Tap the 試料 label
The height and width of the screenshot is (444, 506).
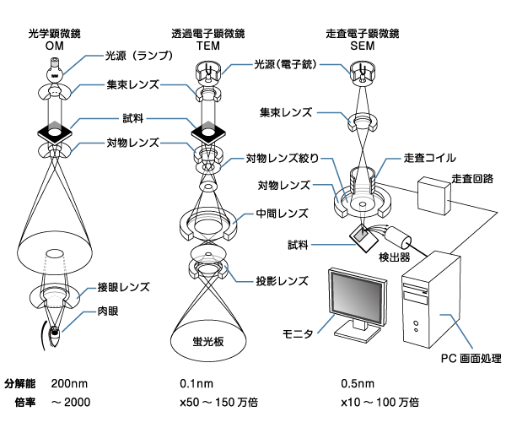click(133, 118)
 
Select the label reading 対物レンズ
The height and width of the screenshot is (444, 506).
click(132, 143)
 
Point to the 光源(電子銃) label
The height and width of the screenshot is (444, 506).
click(286, 63)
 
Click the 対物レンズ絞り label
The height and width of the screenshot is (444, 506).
click(283, 158)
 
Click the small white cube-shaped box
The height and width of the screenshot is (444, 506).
click(433, 195)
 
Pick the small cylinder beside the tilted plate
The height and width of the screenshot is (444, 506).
click(397, 237)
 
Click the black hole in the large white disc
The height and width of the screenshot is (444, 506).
click(55, 253)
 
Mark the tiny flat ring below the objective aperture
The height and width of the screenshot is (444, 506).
click(207, 186)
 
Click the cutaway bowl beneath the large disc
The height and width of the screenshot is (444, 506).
click(55, 295)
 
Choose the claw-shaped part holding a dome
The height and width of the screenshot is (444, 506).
click(207, 263)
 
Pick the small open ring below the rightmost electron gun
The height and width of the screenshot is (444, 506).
click(363, 122)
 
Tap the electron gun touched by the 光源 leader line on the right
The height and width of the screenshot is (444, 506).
click(362, 73)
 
